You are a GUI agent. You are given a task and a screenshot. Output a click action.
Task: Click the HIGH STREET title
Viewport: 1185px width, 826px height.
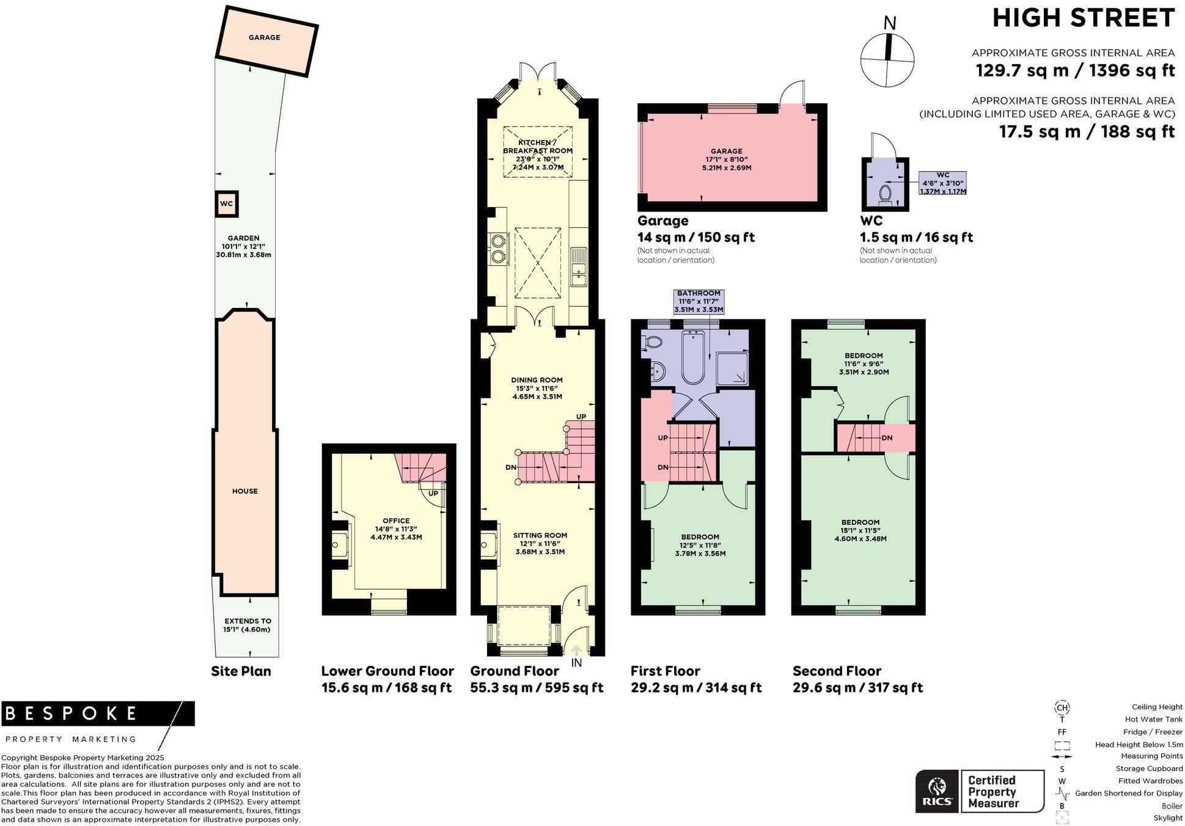coord(1083,18)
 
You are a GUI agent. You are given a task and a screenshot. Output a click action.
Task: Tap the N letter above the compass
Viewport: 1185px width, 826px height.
coord(890,24)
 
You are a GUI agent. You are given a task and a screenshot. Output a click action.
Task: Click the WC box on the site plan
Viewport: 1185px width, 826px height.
coord(226,204)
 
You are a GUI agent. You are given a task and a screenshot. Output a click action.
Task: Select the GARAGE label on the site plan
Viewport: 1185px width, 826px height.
coord(264,38)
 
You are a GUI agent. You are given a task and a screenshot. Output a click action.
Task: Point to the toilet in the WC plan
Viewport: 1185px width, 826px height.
coord(884,194)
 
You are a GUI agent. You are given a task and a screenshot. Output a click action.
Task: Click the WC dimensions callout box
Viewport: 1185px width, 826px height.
coord(942,183)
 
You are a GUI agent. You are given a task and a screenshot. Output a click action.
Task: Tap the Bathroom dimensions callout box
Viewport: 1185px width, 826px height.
coord(699,302)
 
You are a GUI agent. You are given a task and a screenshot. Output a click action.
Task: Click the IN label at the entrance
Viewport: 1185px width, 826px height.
coord(576,663)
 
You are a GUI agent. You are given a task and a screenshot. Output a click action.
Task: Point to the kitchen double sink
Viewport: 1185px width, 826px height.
coord(578,266)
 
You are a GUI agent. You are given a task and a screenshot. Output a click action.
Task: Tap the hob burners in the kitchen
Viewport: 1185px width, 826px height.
coord(499,247)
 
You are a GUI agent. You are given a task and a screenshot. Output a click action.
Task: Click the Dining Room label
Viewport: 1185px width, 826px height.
coord(537,380)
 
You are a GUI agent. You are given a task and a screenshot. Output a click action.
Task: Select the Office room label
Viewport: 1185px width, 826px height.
coord(396,521)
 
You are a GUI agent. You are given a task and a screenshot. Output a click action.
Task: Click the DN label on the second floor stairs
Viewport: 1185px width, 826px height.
coord(887,438)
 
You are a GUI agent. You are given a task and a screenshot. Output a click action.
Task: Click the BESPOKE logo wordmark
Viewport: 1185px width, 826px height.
coord(72,713)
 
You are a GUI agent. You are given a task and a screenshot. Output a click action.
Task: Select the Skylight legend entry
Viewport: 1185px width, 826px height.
coord(1167,818)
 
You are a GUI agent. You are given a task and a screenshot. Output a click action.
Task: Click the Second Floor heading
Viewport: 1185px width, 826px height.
coord(837,671)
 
